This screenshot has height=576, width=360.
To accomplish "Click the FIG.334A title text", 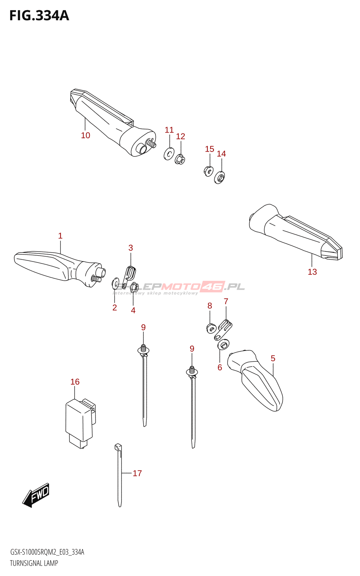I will (39, 16).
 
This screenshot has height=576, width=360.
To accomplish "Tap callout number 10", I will (85, 135).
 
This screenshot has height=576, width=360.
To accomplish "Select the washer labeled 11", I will (168, 154).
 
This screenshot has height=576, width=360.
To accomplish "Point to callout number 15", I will (210, 149).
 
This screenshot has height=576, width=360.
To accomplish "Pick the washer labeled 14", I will (220, 177).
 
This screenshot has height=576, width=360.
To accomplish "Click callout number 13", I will (312, 272).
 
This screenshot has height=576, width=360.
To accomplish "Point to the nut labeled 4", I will (134, 287).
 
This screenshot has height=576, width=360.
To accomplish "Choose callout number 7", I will (226, 301).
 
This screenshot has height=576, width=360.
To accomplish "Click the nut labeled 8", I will (211, 328).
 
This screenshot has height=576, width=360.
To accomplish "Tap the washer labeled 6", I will (223, 345).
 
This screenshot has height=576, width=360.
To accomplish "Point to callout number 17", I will (137, 473).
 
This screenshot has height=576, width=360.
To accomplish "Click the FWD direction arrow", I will (36, 495).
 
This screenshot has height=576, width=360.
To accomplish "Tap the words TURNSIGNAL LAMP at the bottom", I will (34, 563).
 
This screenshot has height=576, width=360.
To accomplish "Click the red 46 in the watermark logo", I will (212, 287).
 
